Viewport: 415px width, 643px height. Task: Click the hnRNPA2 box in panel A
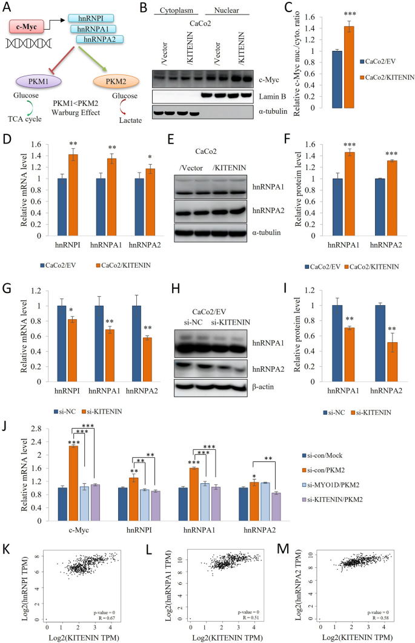click(x=100, y=39)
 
